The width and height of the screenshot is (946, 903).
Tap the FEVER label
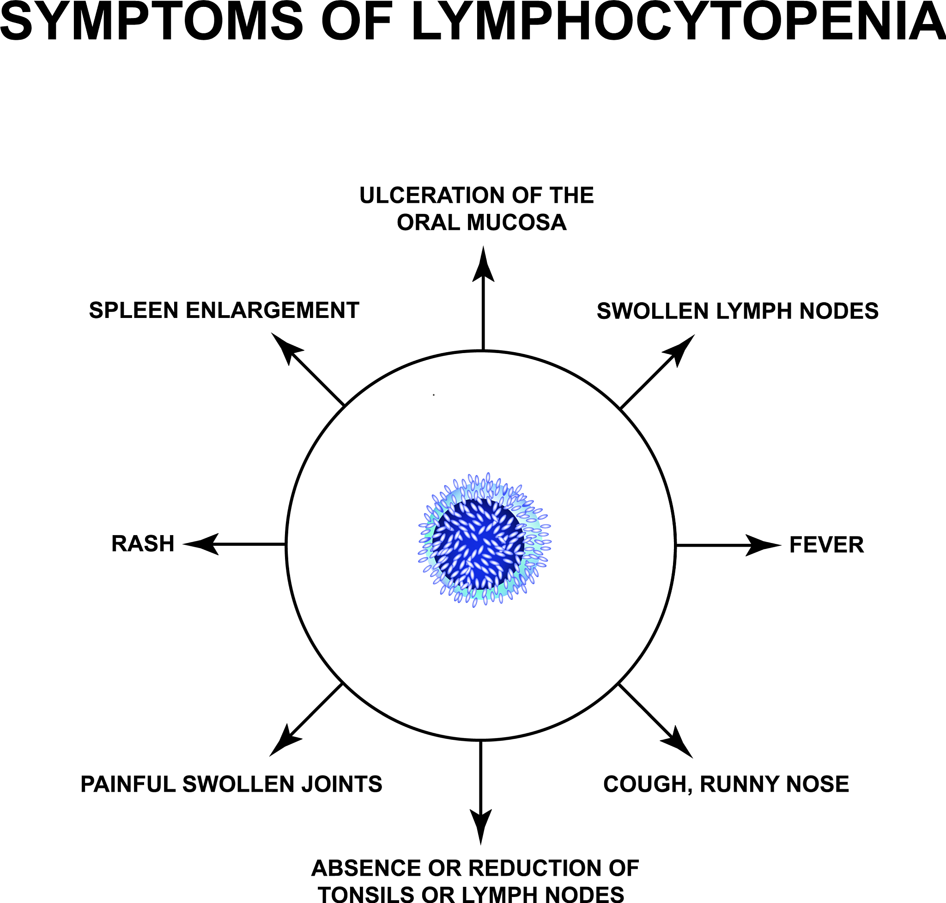[x=827, y=545]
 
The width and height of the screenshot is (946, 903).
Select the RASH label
[x=143, y=544]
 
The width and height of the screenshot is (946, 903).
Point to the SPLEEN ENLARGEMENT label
[x=224, y=311]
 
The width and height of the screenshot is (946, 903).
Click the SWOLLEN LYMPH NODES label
[x=738, y=311]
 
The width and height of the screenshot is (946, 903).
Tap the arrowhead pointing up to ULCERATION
[x=483, y=266]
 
